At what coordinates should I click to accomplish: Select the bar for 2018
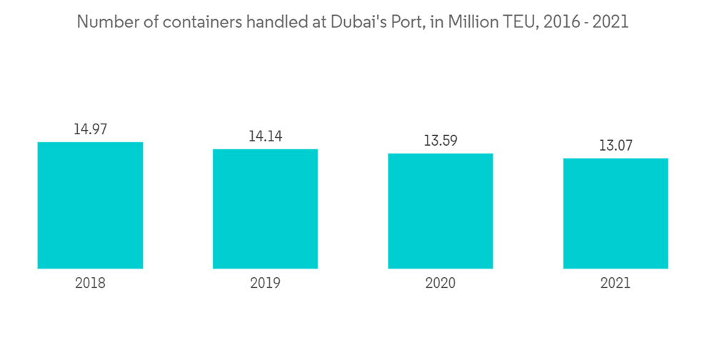pos(90,205)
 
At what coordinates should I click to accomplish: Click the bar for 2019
pos(265,209)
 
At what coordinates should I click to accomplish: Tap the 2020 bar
pos(441,211)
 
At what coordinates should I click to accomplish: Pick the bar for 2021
pos(615,213)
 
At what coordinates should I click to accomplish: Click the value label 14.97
pos(90,129)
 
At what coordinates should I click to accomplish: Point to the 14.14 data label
pos(265,136)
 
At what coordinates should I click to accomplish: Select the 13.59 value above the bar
pos(441,141)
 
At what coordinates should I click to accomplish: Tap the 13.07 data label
pos(615,146)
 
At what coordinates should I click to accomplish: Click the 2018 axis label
pos(90,283)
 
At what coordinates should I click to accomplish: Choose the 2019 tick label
pos(265,283)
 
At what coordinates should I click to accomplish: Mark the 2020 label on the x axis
pos(441,283)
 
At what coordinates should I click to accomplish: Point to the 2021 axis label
pos(615,283)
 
